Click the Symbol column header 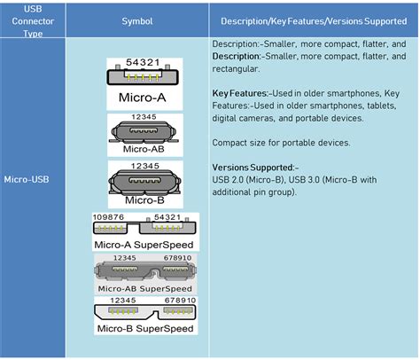137,21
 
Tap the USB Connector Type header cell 33,21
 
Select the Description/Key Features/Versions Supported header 314,21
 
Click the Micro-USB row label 27,179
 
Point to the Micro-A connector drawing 143,76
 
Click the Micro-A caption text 142,98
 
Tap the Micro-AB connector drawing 144,132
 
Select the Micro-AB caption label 144,149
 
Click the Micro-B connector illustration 144,182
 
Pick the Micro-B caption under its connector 144,200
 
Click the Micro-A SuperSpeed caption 144,245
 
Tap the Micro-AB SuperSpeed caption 144,288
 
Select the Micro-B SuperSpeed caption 145,328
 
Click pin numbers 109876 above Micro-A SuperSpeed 108,217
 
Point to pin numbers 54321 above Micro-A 143,62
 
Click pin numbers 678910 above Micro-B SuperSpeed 180,301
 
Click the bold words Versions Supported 253,168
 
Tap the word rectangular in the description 236,69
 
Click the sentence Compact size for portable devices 281,143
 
